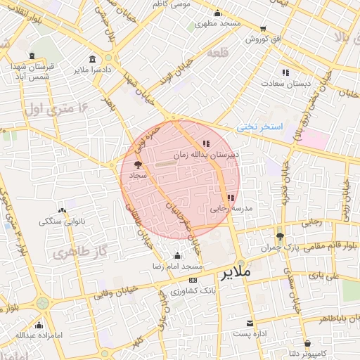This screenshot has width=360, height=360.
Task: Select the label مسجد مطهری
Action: point(219,23)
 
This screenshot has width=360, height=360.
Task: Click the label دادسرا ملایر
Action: point(90,70)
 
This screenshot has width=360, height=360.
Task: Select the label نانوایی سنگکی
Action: point(60,221)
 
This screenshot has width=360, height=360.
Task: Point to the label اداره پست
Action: point(251,334)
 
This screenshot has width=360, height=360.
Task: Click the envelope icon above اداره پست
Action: point(251,323)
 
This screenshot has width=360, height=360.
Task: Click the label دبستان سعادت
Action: point(285,83)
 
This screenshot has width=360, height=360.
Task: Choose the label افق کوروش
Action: point(264,39)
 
